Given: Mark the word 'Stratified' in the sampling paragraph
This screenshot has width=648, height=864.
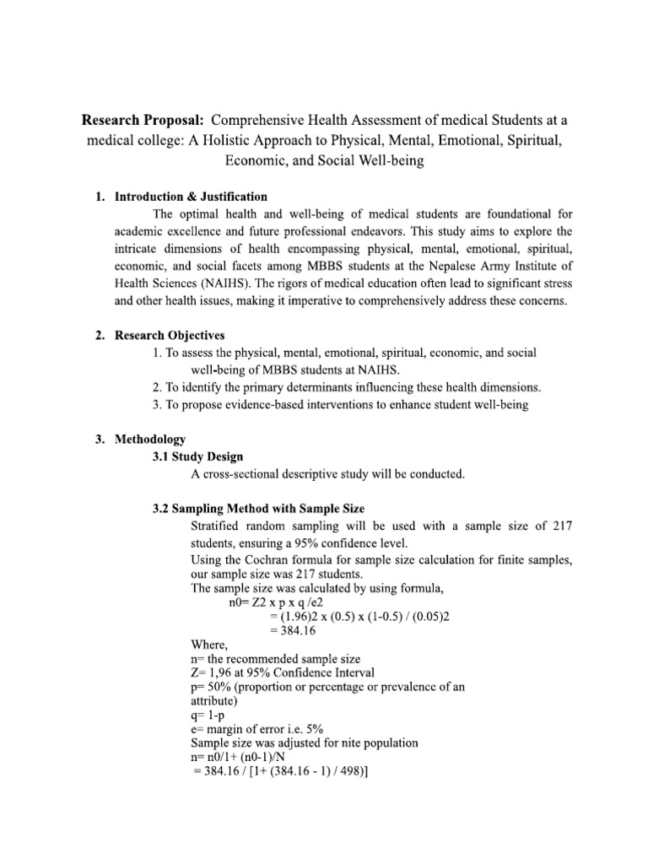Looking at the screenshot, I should [x=219, y=526].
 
